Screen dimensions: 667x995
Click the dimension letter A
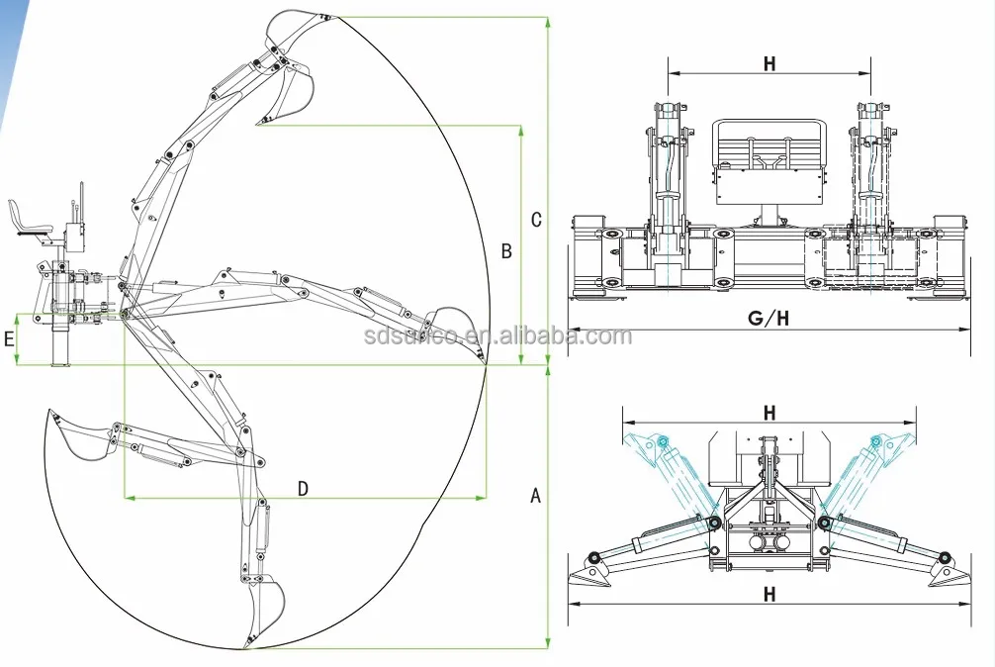pyautogui.click(x=536, y=496)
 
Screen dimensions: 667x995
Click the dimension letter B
pyautogui.click(x=506, y=251)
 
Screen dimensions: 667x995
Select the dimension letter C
pyautogui.click(x=536, y=220)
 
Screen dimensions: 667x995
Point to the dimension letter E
pyautogui.click(x=9, y=338)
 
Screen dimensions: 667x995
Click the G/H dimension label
pyautogui.click(x=768, y=319)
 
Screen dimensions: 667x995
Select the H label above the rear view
pyautogui.click(x=769, y=64)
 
